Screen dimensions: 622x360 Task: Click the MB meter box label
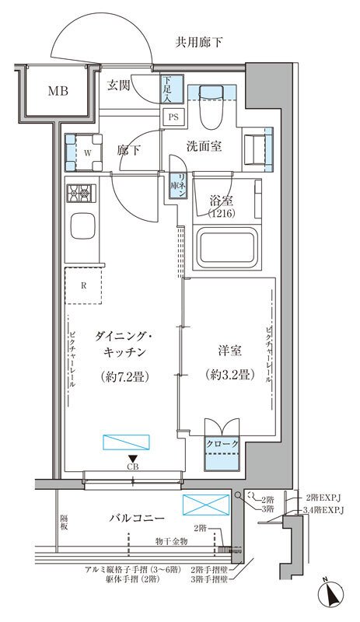(x=58, y=91)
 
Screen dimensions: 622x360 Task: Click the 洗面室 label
(x=205, y=145)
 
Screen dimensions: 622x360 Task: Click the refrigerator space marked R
(x=84, y=285)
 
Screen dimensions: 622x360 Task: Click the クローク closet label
(x=222, y=444)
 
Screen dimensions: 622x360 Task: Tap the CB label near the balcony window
(x=134, y=466)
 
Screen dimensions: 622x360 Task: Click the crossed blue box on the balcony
(x=206, y=504)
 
